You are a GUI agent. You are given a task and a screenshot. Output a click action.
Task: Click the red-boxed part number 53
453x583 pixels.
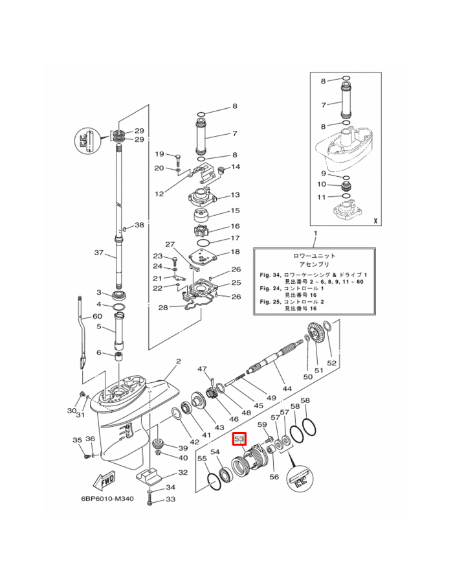pyautogui.click(x=239, y=439)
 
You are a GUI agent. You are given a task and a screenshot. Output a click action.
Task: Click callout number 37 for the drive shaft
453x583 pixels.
pyautogui.click(x=99, y=253)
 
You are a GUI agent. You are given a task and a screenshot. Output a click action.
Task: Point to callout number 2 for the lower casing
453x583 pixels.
pyautogui.click(x=178, y=361)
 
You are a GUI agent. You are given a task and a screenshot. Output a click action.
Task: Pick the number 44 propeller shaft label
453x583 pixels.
pyautogui.click(x=287, y=389)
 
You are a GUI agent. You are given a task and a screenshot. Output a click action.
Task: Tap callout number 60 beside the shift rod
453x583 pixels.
pyautogui.click(x=97, y=316)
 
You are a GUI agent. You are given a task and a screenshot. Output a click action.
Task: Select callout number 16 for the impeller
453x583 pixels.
pyautogui.click(x=235, y=226)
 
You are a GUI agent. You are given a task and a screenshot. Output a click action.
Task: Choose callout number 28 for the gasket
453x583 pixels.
pyautogui.click(x=163, y=307)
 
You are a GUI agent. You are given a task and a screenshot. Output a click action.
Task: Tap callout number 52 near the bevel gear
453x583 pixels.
pyautogui.click(x=331, y=363)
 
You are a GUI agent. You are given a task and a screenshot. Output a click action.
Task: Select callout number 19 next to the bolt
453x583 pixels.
pyautogui.click(x=159, y=154)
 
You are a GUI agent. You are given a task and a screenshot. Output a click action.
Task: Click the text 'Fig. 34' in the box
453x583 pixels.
pyautogui.click(x=270, y=275)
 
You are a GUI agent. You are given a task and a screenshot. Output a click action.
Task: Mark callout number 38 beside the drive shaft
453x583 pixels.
pyautogui.click(x=139, y=225)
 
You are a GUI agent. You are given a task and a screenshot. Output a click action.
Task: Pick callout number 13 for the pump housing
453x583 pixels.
pyautogui.click(x=235, y=195)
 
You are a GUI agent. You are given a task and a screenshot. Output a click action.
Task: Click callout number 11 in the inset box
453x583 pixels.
pyautogui.click(x=322, y=197)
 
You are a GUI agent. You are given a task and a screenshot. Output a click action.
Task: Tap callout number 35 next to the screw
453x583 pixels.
pyautogui.click(x=77, y=440)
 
